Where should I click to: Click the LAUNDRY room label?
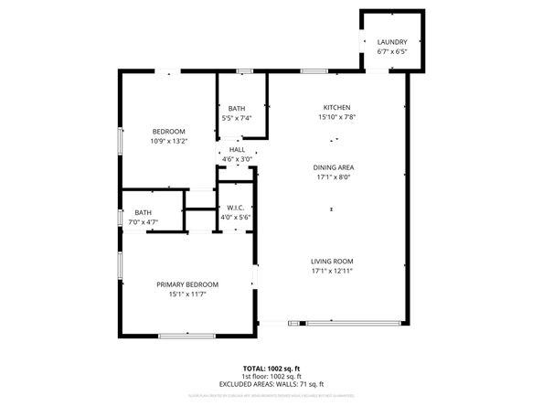coord(392,42)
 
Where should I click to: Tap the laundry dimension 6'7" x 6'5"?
coord(392,52)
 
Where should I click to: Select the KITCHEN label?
coord(335,107)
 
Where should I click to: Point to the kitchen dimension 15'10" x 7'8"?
coord(335,117)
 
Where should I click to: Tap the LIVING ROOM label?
coord(332,261)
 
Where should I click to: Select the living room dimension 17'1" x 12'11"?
coord(332,271)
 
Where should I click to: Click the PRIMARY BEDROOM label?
coord(187,284)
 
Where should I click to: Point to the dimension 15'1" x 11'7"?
coord(187,295)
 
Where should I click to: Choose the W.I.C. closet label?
coord(234,207)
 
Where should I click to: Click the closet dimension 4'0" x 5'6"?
coord(234,217)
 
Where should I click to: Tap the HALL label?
coord(237,149)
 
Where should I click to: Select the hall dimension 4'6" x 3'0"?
coord(237,159)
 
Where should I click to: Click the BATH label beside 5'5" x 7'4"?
coord(237,109)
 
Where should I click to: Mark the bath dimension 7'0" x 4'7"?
coord(144,222)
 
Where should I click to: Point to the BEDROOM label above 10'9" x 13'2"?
coord(168,131)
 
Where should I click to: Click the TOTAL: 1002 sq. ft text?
coord(271,368)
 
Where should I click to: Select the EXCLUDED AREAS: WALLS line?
coord(271,384)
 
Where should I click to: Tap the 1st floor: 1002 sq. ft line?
coord(271,376)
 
